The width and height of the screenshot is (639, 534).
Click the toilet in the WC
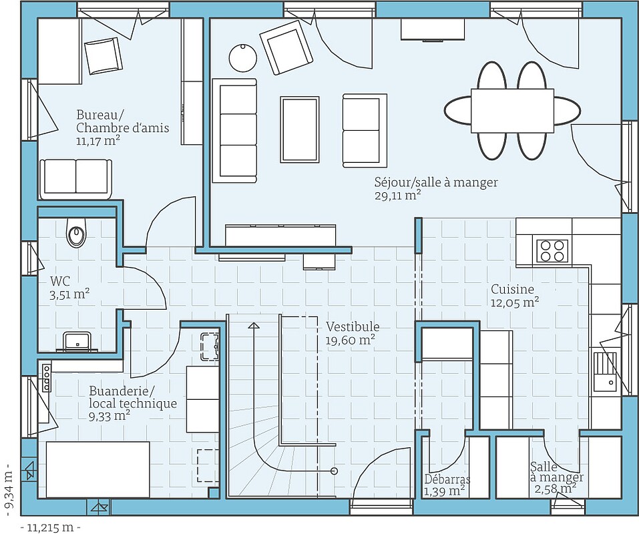pos(76,234)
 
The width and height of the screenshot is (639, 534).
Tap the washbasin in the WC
pos(77,341)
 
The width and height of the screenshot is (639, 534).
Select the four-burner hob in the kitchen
pos(552,250)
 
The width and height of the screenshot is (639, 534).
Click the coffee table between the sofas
pos(300,129)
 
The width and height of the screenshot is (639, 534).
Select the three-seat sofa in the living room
pos(234,130)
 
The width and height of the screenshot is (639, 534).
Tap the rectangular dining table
pos(512,110)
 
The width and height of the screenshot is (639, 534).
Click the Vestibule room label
pos(353,327)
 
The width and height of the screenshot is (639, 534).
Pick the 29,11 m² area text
pos(397,196)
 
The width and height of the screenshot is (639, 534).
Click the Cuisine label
pos(512,290)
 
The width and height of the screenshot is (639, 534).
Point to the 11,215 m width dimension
pos(51,527)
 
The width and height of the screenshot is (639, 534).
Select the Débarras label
pos(447,479)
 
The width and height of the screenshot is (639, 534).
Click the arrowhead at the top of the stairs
pos(253,326)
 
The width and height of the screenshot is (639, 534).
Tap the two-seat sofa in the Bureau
pos(75,178)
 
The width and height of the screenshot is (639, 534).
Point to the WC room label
pos(60,281)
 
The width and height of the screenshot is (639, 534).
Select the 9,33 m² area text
pos(110,417)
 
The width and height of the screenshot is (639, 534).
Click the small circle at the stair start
pos(334,471)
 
